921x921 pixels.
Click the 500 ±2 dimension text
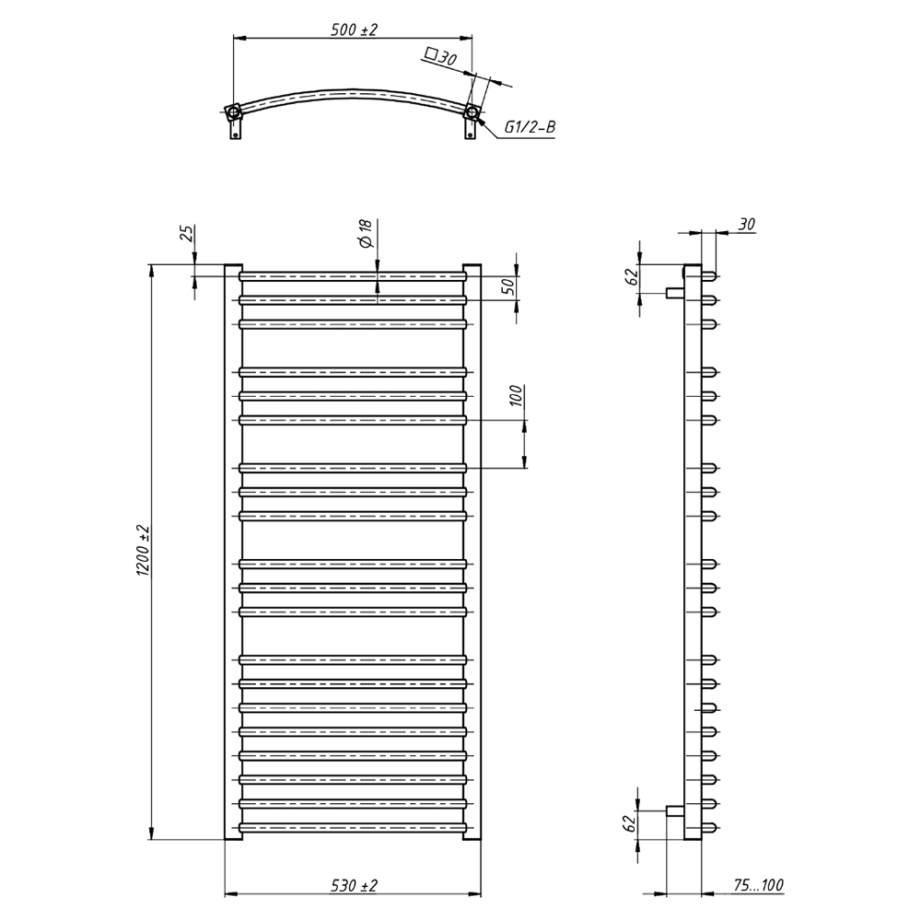354,29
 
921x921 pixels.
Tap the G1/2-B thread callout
530,127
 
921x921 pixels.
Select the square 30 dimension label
440,57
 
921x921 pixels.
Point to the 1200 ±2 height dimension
144,551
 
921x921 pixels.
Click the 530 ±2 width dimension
353,884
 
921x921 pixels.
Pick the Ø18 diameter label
365,233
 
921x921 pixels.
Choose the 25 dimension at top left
186,234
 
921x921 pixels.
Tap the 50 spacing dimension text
508,286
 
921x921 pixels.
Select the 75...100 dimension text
758,884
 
